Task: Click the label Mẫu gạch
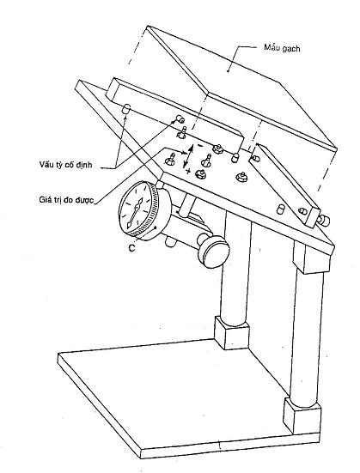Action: coord(282,48)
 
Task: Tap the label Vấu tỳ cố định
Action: coord(65,165)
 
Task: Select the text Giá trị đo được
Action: coord(66,200)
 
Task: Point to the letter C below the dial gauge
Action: coord(131,248)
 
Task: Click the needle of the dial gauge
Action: coord(135,213)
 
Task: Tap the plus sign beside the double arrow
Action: coord(188,171)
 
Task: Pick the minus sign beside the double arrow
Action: coord(199,146)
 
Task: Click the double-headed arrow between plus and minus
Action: coord(187,156)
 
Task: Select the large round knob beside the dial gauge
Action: coord(213,251)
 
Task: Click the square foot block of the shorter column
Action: coord(232,333)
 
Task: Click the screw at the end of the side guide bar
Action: coord(323,220)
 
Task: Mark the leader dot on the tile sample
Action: coord(228,71)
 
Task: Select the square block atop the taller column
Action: coord(313,258)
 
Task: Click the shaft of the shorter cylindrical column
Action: coord(236,271)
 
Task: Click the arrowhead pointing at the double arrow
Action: coord(184,153)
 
